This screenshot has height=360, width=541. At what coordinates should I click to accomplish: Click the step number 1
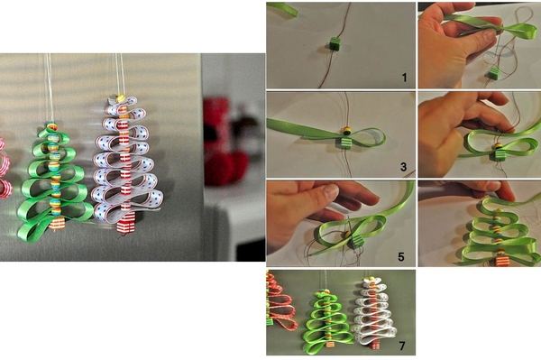404,78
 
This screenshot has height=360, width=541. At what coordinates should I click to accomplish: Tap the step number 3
404,167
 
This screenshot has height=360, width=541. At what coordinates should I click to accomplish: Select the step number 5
401,257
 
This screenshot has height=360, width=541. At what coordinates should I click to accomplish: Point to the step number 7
402,346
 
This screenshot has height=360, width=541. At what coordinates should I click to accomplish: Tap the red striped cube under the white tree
125,222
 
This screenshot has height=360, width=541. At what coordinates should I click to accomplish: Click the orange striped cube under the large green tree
57,223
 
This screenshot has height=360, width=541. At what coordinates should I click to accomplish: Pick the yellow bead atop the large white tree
121,98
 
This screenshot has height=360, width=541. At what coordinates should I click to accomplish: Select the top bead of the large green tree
52,126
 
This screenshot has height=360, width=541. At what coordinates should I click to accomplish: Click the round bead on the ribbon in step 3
347,131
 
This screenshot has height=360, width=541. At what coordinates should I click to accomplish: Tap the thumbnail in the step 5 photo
331,191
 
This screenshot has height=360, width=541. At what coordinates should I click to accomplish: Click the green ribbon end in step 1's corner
282,9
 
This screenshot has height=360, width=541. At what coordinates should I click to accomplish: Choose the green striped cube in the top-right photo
494,73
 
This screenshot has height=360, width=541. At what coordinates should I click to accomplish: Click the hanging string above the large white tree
120,73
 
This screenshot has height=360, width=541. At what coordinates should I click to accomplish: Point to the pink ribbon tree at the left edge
5,168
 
